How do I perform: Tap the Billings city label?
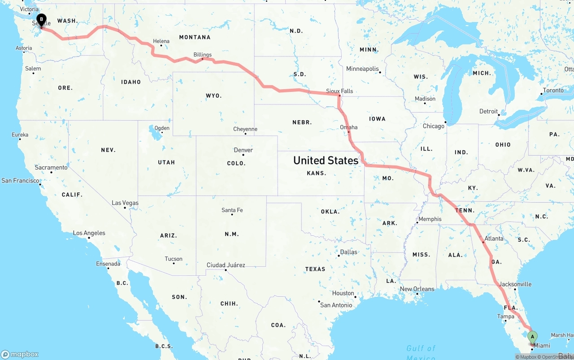click(203, 55)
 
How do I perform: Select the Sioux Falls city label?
click(339, 91)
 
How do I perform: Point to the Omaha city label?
click(349, 127)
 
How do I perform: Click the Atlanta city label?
click(494, 239)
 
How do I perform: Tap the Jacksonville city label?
click(515, 284)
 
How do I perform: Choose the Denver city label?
click(244, 150)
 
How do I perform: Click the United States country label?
click(326, 160)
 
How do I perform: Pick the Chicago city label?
click(434, 126)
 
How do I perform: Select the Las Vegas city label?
click(125, 203)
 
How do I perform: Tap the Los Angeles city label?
click(89, 233)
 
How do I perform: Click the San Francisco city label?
click(20, 180)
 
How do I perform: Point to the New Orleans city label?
click(417, 289)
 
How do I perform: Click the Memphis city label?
click(430, 219)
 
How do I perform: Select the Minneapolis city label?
click(363, 69)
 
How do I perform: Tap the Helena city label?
click(161, 41)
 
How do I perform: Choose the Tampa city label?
click(506, 316)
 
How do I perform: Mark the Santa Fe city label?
click(232, 210)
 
